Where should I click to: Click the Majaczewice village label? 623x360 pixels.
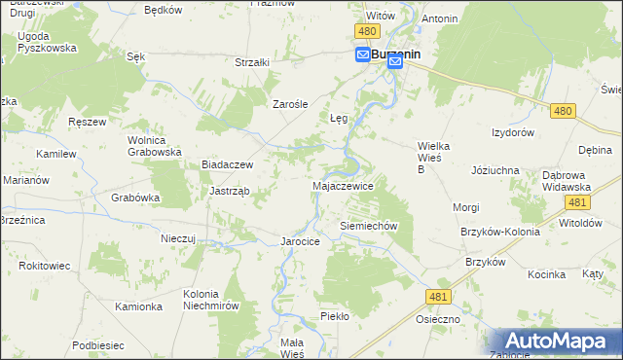[342, 184]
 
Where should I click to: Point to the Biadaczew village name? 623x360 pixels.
[227, 164]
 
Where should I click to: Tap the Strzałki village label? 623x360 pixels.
[252, 62]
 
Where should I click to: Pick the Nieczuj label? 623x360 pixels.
[179, 237]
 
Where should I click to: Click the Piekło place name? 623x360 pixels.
[334, 316]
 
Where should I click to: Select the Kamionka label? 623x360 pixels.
[138, 306]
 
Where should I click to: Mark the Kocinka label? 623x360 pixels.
[547, 274]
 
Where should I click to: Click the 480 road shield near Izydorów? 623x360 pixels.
[561, 112]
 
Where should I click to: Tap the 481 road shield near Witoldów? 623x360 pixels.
[577, 201]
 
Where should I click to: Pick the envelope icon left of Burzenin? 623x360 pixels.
[361, 55]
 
